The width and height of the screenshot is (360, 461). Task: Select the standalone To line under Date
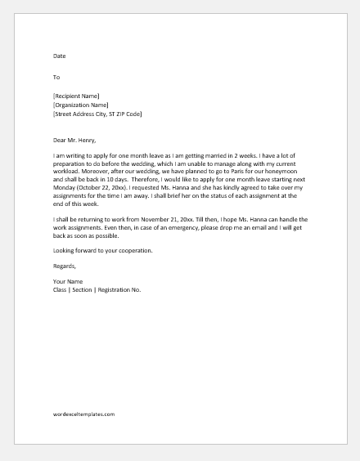(56, 78)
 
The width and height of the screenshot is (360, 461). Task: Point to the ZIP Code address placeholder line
(97, 114)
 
